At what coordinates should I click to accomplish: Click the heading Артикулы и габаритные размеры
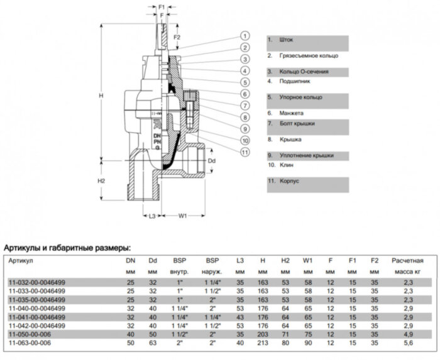[67, 247]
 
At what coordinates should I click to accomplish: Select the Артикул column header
[21, 260]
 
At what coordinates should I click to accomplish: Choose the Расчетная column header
[407, 260]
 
